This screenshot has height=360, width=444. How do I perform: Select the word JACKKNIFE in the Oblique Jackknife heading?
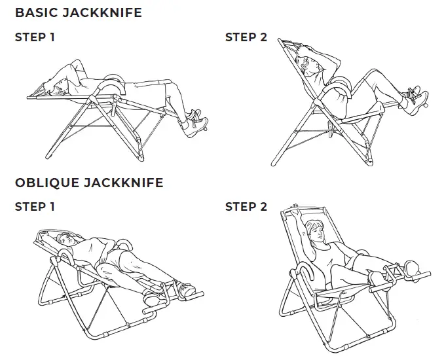(125, 183)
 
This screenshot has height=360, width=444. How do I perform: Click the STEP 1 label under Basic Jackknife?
(34, 37)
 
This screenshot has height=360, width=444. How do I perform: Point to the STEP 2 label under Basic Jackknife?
(246, 37)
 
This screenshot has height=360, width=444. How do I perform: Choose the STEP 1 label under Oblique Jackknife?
(34, 207)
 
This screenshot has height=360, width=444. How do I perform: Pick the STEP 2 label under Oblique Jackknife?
(246, 207)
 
